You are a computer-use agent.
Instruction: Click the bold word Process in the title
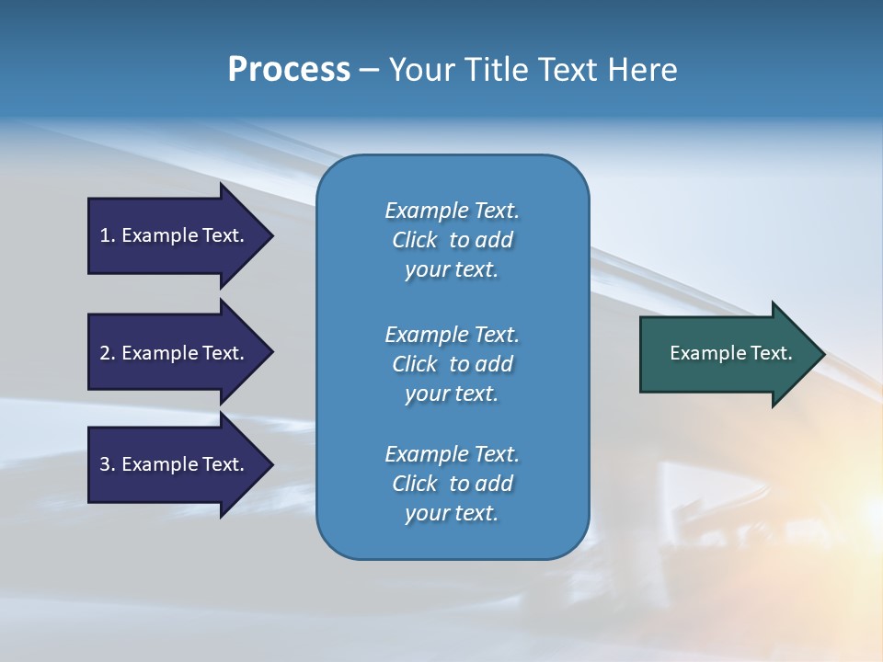289,70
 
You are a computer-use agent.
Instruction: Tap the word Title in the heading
496,70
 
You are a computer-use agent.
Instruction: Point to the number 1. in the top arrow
108,235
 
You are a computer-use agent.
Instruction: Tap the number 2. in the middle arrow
108,353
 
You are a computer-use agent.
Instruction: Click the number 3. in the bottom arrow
108,464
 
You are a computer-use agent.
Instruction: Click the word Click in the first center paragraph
415,240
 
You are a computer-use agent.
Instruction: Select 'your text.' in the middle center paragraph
452,394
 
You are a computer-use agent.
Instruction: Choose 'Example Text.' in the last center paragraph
452,454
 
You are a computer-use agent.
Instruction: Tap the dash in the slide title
369,70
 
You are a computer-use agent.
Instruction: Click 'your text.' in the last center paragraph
452,513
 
